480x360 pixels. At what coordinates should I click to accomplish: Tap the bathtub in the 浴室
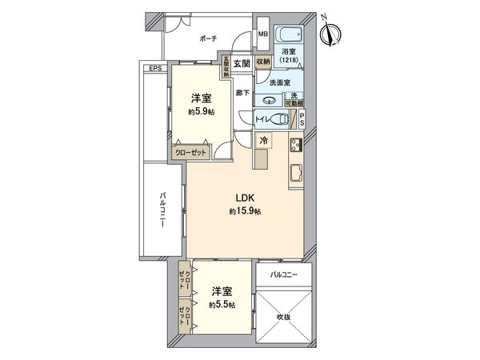coord(288,36)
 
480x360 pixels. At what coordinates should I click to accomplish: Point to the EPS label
coord(154,68)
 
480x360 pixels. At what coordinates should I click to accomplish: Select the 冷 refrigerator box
coord(262,139)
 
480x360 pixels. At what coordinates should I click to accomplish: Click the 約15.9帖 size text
coord(245,211)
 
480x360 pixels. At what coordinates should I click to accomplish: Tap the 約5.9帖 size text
coord(201,112)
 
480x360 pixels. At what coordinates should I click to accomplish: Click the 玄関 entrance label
coord(242,62)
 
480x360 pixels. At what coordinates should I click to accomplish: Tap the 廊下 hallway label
coord(242,92)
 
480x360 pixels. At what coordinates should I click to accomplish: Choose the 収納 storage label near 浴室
coord(264,62)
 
